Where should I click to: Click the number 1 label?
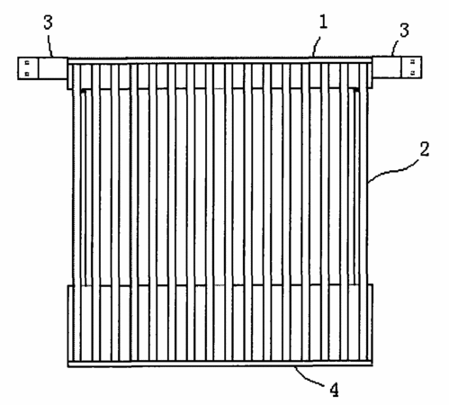323,22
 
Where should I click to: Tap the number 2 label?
425,149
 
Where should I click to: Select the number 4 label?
335,390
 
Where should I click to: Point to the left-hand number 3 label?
48,22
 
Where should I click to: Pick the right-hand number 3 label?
405,31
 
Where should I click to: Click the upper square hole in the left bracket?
27,63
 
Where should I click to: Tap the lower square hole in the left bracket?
27,73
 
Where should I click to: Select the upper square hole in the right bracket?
413,61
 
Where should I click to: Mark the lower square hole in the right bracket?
413,72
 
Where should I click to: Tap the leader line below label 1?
316,47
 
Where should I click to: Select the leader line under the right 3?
395,47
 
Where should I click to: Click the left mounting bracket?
42,68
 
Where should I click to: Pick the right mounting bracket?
397,67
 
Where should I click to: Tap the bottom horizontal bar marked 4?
220,364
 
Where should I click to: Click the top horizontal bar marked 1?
220,61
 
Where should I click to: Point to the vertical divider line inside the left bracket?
39,68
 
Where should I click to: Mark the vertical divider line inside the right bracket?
402,67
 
